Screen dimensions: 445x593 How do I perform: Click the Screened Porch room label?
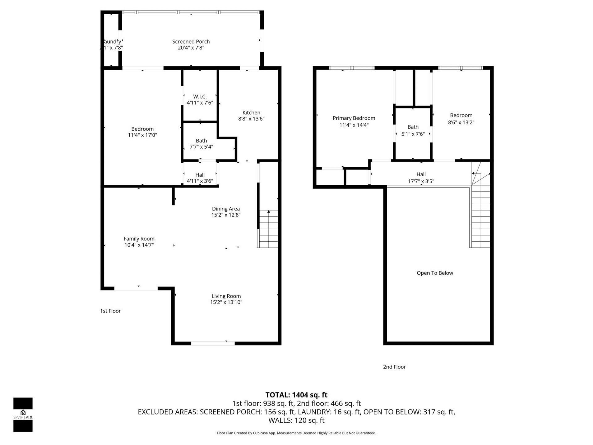[x=191, y=41]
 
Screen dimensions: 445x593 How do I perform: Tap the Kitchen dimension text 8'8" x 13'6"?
[x=251, y=119]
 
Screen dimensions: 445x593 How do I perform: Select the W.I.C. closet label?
[x=200, y=97]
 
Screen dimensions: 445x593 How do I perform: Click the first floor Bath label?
[x=201, y=141]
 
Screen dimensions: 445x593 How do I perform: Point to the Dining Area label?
[x=226, y=209]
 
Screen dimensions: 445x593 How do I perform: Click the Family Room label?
[x=139, y=239]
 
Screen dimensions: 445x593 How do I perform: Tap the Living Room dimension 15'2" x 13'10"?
[x=226, y=302]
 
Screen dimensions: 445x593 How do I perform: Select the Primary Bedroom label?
[x=354, y=118]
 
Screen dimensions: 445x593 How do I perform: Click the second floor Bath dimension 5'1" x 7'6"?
[x=413, y=134]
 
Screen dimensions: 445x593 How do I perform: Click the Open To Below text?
[x=435, y=273]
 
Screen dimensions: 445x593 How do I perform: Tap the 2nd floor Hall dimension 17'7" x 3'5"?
[x=421, y=181]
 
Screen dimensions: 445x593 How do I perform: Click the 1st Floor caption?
[x=110, y=311]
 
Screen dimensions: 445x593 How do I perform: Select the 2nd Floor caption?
[x=394, y=367]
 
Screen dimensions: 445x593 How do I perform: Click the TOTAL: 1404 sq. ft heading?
[x=296, y=395]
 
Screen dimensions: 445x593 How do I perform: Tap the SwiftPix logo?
[x=23, y=414]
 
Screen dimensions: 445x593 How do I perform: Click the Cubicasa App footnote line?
[x=296, y=433]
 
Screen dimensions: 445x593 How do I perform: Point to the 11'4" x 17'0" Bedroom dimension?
[x=142, y=135]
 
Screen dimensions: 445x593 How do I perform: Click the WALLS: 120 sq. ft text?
[x=296, y=420]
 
